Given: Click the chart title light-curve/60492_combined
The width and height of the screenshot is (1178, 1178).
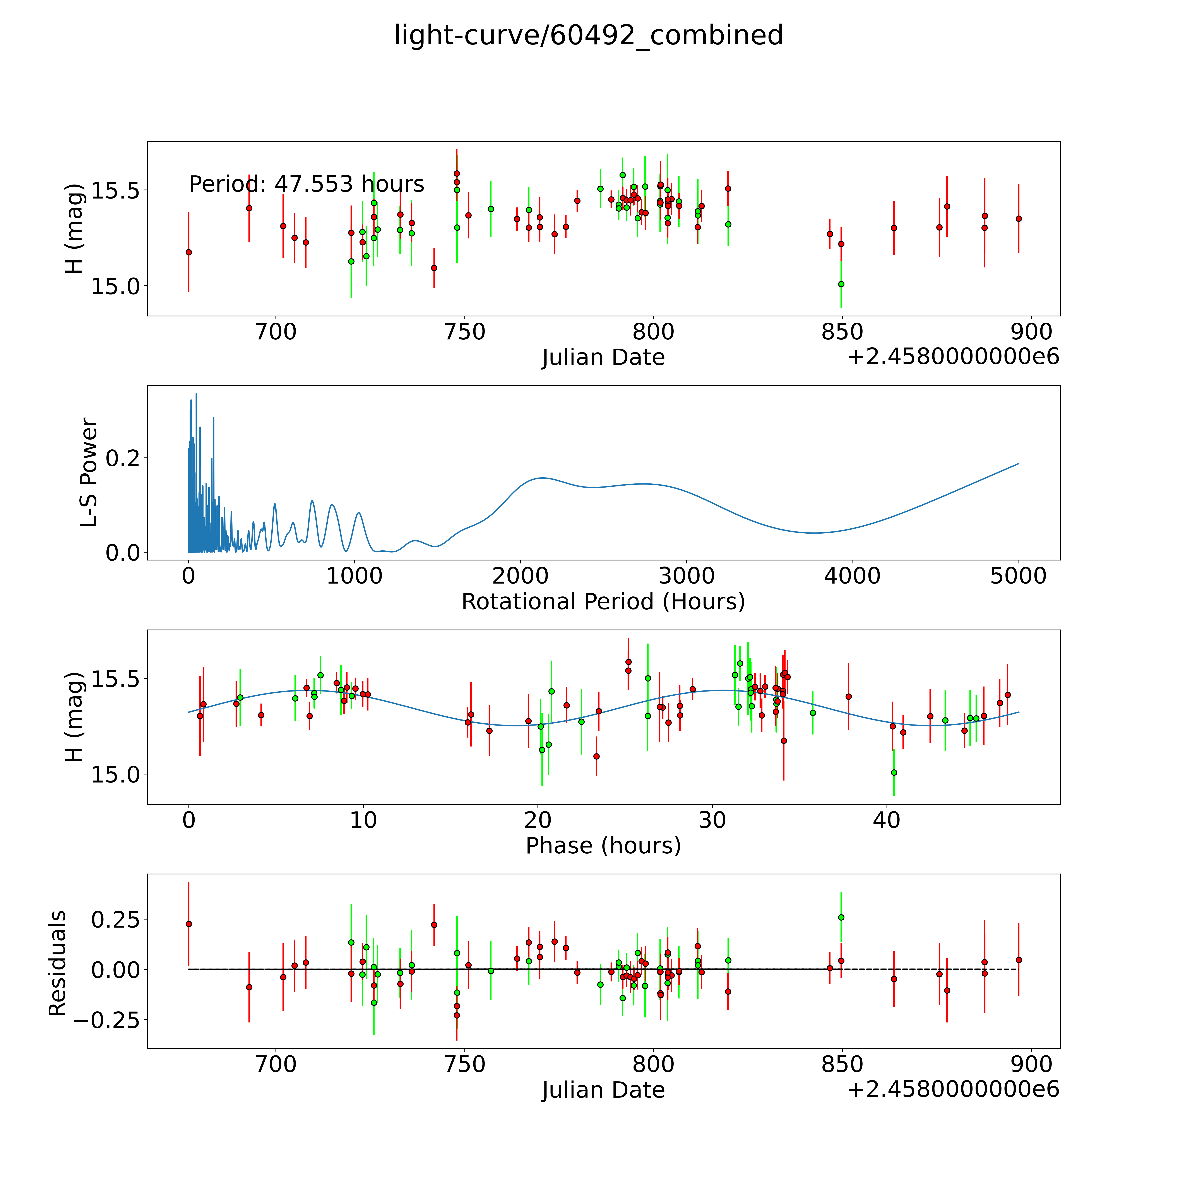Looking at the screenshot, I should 588,35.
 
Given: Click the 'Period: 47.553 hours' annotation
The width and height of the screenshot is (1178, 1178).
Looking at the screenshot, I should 306,184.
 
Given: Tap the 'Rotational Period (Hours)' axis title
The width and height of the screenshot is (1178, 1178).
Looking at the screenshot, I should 603,602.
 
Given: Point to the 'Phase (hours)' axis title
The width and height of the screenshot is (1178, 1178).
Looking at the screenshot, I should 603,846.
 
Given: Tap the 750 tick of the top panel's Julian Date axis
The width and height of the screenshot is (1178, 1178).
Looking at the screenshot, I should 465,332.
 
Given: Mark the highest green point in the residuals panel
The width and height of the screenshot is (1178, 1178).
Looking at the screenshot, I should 841,917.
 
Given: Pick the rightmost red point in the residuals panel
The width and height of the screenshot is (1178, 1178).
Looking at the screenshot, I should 1018,960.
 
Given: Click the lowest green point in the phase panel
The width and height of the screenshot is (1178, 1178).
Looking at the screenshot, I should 894,772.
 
